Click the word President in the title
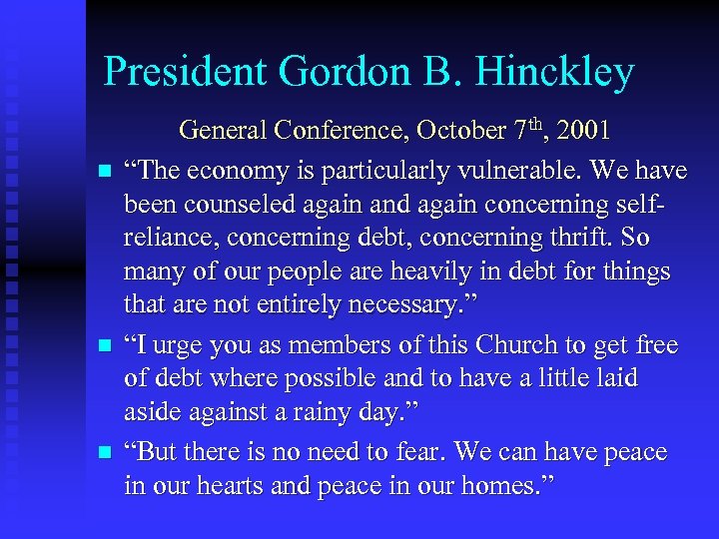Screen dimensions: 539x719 point(185,73)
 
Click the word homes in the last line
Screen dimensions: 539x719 point(488,488)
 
